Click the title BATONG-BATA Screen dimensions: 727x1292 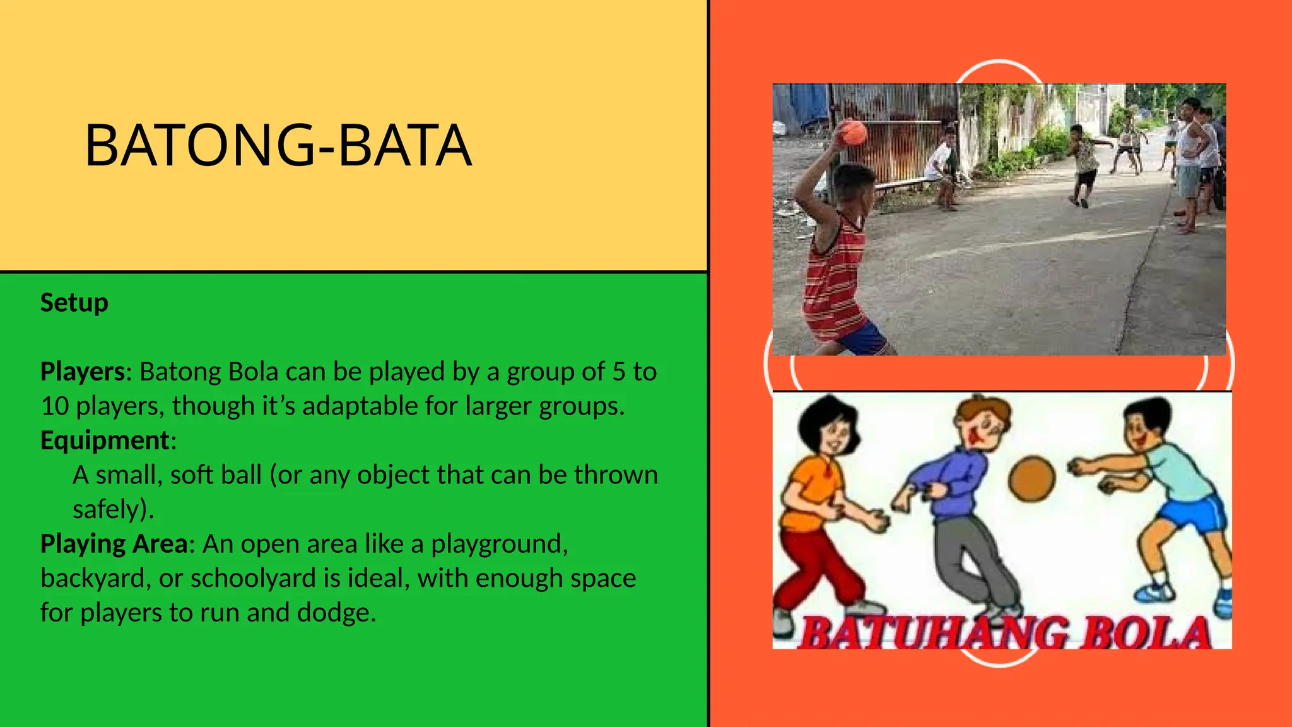(278, 146)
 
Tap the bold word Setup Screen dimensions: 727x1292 (74, 303)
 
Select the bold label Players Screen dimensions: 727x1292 (83, 372)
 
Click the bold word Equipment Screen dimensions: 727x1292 (105, 440)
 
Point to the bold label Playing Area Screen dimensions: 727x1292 (114, 543)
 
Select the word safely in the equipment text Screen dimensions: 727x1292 (110, 509)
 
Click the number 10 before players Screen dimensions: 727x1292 (54, 406)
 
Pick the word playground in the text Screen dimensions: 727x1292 (498, 543)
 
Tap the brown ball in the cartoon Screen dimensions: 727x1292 (1031, 479)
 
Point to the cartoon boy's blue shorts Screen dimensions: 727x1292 (1192, 512)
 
